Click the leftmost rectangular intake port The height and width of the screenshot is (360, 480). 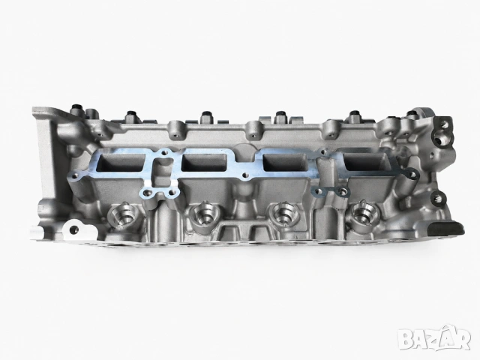pyautogui.click(x=120, y=162)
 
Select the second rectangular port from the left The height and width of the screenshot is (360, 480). pyautogui.click(x=204, y=163)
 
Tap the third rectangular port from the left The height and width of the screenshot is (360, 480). pyautogui.click(x=286, y=163)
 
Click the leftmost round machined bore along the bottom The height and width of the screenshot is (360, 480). pyautogui.click(x=123, y=216)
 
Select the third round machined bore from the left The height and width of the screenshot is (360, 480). pyautogui.click(x=281, y=214)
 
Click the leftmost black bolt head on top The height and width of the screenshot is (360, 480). pyautogui.click(x=76, y=109)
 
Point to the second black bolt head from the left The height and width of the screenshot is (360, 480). pyautogui.click(x=132, y=114)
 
